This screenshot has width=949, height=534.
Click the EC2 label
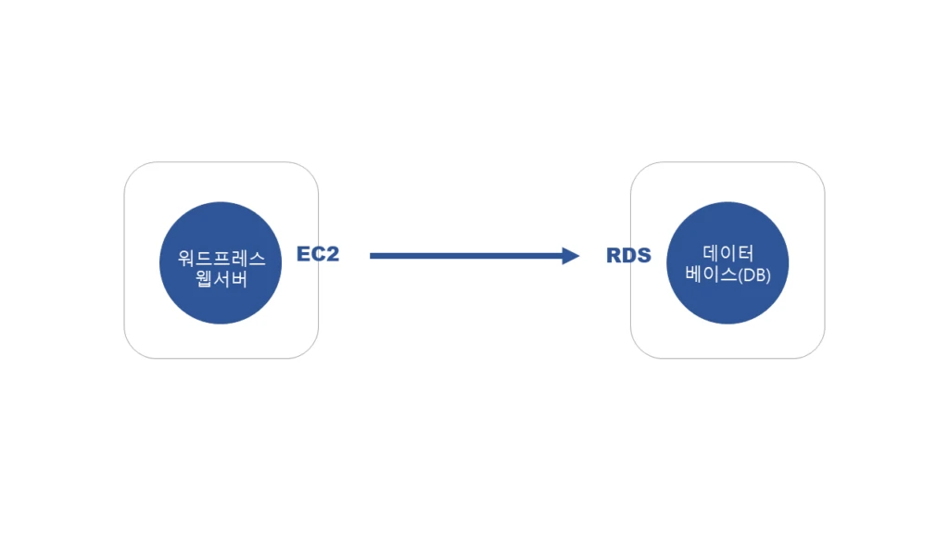pyautogui.click(x=318, y=254)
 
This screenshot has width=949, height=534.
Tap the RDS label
pyautogui.click(x=628, y=256)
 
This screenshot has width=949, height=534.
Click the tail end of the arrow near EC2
pyautogui.click(x=373, y=256)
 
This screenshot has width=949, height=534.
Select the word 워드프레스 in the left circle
pyautogui.click(x=221, y=259)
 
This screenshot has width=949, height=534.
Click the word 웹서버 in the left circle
pyautogui.click(x=221, y=279)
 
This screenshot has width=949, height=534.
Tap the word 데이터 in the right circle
pyautogui.click(x=728, y=252)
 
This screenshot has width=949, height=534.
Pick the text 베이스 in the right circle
pyautogui.click(x=710, y=274)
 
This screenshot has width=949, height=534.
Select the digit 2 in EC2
pyautogui.click(x=332, y=254)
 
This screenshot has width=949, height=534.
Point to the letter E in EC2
pyautogui.click(x=303, y=254)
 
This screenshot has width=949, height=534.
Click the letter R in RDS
pyautogui.click(x=614, y=256)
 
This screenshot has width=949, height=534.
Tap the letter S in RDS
pyautogui.click(x=644, y=256)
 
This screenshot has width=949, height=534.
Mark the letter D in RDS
pyautogui.click(x=628, y=256)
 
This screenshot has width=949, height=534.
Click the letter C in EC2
pyautogui.click(x=317, y=254)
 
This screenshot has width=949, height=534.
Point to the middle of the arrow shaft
pyautogui.click(x=468, y=256)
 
